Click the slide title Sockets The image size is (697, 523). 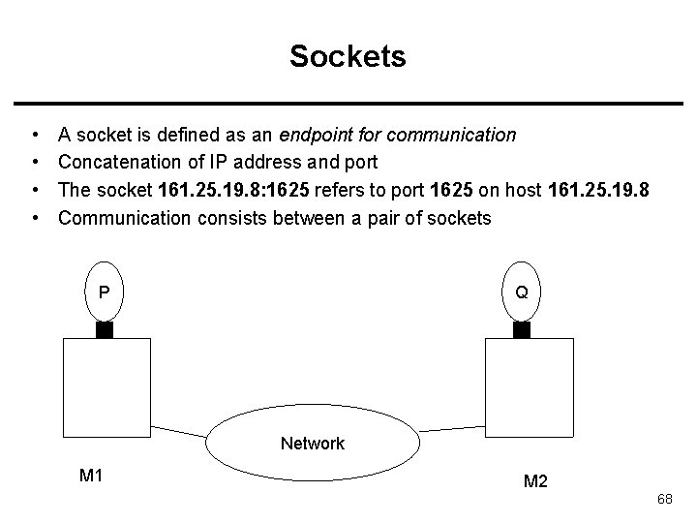pos(348,57)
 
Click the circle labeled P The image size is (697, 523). pos(105,292)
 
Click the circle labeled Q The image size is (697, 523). pos(521,292)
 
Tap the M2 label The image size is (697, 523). pos(534,481)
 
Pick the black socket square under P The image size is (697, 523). pos(105,330)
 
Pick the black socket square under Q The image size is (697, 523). pos(521,330)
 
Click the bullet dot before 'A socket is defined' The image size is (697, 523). pos(35,135)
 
